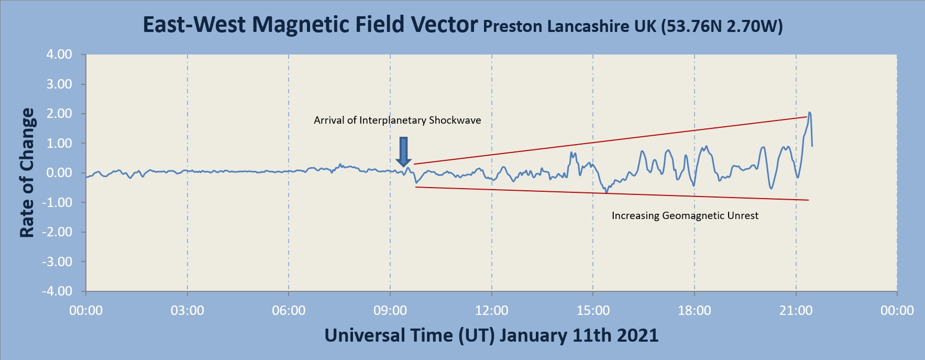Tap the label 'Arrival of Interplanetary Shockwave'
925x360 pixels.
pyautogui.click(x=397, y=121)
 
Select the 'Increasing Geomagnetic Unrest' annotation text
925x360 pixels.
pyautogui.click(x=685, y=216)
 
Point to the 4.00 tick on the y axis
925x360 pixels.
pyautogui.click(x=59, y=54)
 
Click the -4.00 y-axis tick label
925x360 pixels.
pyautogui.click(x=58, y=291)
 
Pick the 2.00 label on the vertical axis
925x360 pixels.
pyautogui.click(x=59, y=114)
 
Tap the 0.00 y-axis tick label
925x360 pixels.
pyautogui.click(x=59, y=173)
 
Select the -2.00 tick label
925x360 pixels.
pyautogui.click(x=58, y=232)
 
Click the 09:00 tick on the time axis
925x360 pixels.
pyautogui.click(x=390, y=311)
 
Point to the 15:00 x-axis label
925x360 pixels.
pyautogui.click(x=593, y=311)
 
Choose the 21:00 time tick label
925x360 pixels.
pyautogui.click(x=796, y=311)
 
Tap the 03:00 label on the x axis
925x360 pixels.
pyautogui.click(x=188, y=311)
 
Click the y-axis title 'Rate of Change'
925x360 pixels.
pyautogui.click(x=27, y=173)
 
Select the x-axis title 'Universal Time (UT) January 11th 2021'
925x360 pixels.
pyautogui.click(x=491, y=335)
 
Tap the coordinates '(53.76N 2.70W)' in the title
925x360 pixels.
pyautogui.click(x=722, y=26)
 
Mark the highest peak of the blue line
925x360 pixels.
pyautogui.click(x=809, y=113)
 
